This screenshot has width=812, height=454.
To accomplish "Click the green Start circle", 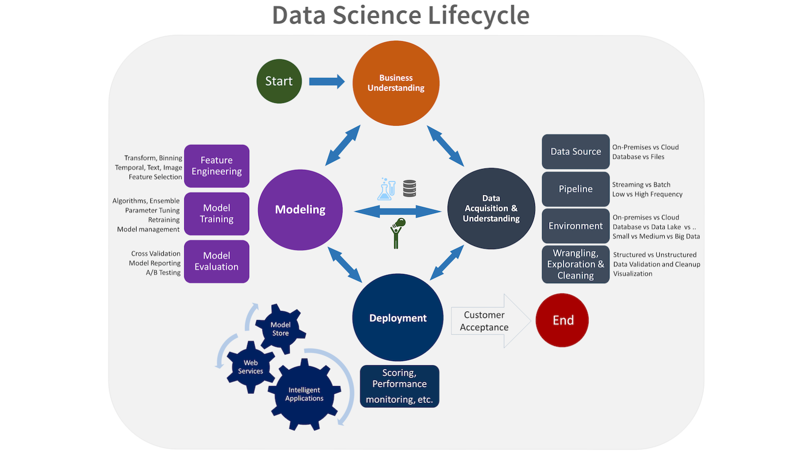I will [x=279, y=81].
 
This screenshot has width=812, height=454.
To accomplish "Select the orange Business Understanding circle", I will [x=396, y=83].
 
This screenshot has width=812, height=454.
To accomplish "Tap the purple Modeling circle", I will [x=300, y=209].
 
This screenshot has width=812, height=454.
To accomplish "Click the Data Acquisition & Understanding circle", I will [x=491, y=208].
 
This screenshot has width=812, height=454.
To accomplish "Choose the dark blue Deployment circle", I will [x=398, y=318].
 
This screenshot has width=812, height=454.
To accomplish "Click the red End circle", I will [x=562, y=320].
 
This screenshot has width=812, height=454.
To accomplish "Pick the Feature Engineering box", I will [x=217, y=166].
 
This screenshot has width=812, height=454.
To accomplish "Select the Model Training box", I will [x=217, y=214].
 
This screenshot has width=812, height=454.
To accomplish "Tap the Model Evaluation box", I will [x=217, y=261].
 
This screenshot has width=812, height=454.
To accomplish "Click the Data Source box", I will [x=576, y=152].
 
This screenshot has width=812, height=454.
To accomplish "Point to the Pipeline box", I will [x=576, y=189].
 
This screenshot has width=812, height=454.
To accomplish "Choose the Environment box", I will [x=576, y=226].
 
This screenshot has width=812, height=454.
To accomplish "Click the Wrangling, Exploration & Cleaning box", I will [x=576, y=264].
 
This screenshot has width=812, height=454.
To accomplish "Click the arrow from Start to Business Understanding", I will [x=327, y=81].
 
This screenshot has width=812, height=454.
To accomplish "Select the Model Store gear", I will [x=280, y=329].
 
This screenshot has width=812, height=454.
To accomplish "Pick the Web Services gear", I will [x=251, y=367].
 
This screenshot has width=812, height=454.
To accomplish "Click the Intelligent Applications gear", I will [x=304, y=394].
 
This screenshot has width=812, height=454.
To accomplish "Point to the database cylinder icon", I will [x=410, y=188].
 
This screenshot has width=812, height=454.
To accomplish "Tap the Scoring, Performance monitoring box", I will [x=399, y=386].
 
